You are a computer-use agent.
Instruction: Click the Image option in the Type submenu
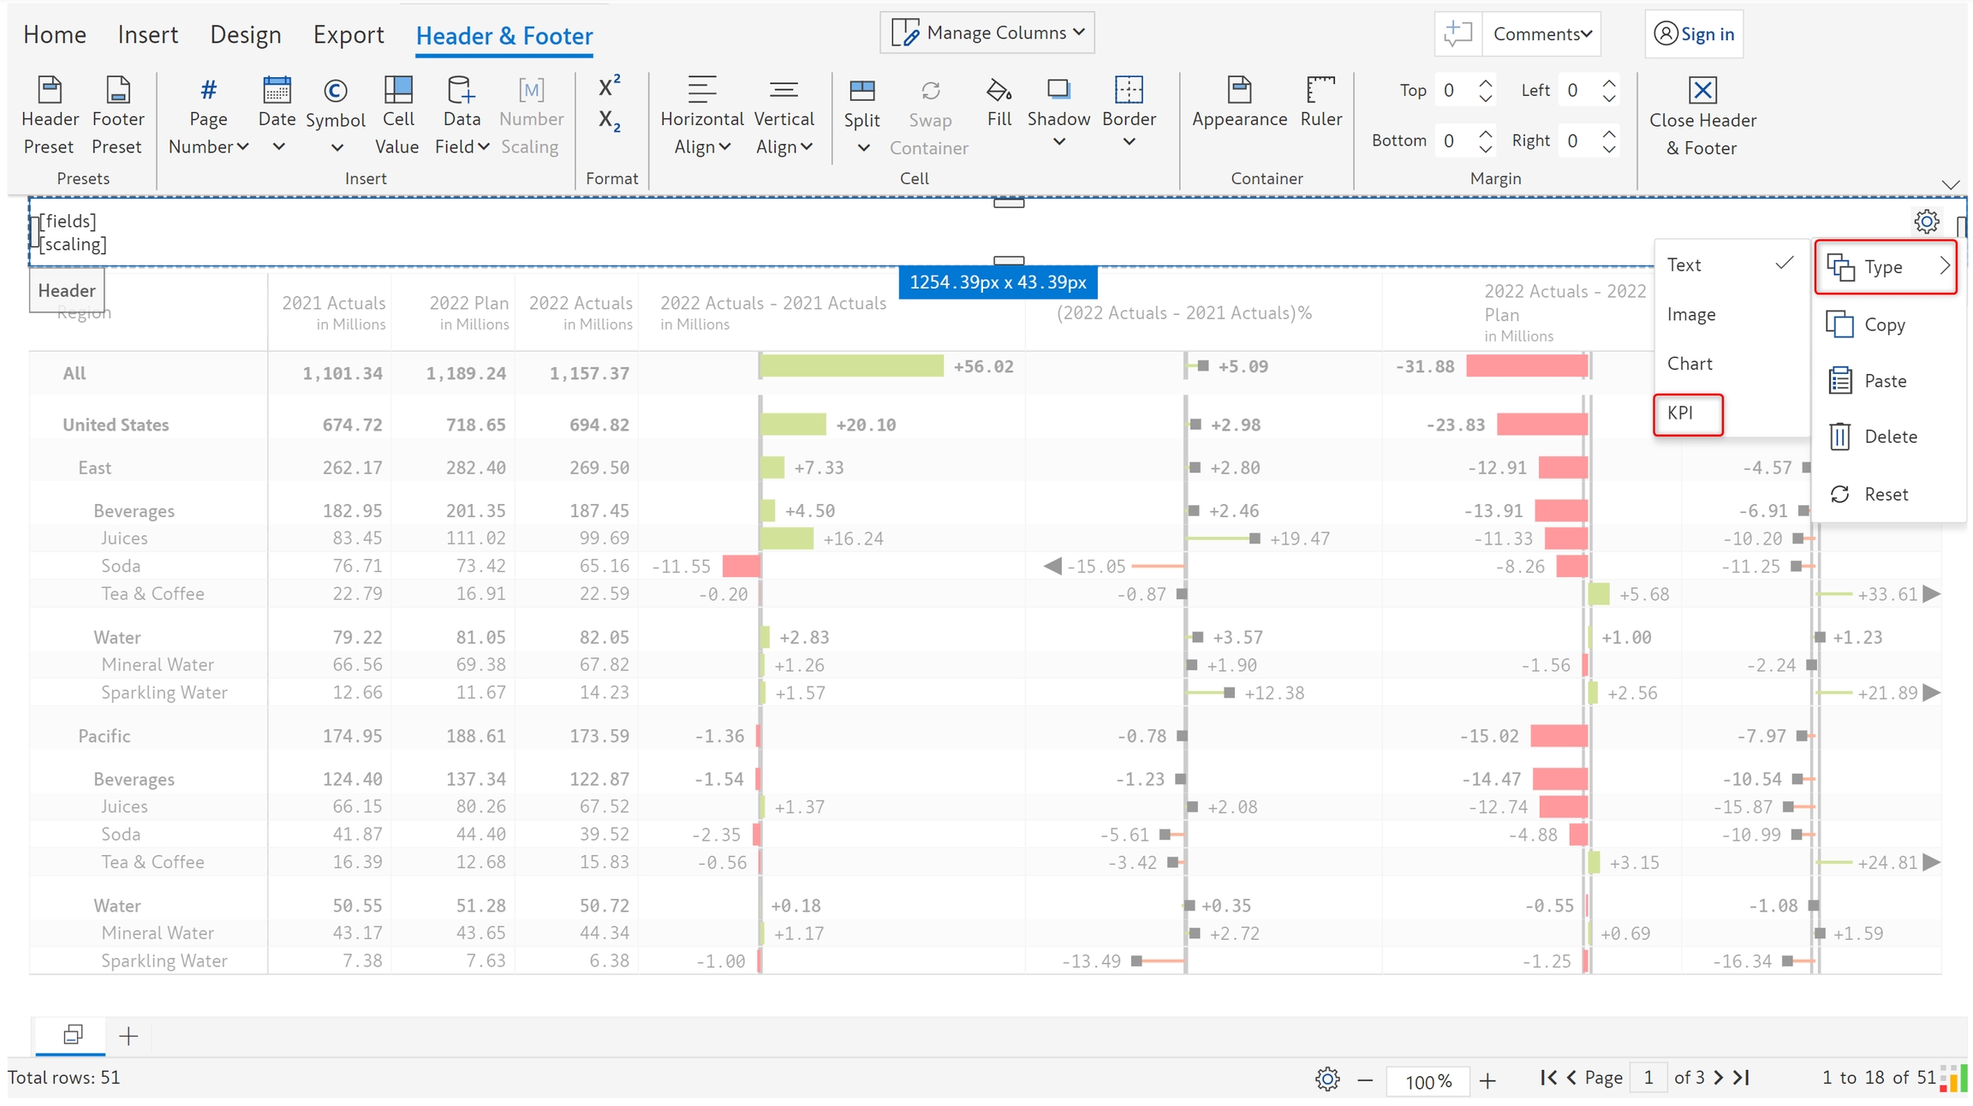(x=1690, y=314)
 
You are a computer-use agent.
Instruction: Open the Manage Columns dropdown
(x=987, y=33)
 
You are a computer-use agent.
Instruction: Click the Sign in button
(x=1694, y=34)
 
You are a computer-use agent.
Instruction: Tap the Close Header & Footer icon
(x=1702, y=91)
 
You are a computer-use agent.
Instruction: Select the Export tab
(x=348, y=35)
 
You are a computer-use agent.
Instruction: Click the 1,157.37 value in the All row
(x=589, y=373)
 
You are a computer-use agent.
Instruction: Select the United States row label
(x=116, y=425)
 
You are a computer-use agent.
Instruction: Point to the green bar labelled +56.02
(x=851, y=366)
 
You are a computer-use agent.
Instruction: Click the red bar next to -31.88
(x=1526, y=366)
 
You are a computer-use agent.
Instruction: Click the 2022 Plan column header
(x=468, y=304)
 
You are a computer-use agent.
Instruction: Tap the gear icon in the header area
(x=1926, y=222)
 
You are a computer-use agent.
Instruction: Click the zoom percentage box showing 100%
(x=1427, y=1080)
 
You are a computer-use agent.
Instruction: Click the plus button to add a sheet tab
(x=128, y=1037)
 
